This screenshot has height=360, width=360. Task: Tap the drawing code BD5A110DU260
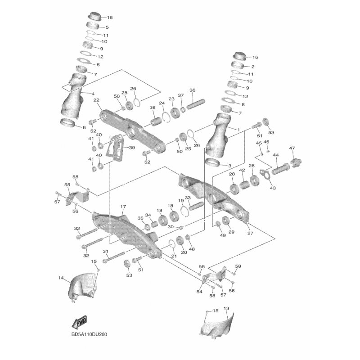click(x=89, y=334)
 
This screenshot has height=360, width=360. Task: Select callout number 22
click(x=96, y=100)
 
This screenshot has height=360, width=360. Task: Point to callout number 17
click(x=123, y=207)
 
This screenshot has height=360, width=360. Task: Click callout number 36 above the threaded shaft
click(x=193, y=90)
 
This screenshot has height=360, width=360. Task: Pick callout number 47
click(x=292, y=148)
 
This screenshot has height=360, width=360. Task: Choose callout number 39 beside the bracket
click(x=132, y=148)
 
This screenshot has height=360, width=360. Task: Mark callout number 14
click(x=61, y=278)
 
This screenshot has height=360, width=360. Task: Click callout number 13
click(x=226, y=308)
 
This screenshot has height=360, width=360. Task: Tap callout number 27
click(x=250, y=233)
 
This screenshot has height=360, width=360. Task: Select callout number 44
click(x=276, y=155)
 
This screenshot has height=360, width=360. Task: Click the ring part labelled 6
click(x=68, y=123)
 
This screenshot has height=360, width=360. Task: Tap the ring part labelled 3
click(x=213, y=162)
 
